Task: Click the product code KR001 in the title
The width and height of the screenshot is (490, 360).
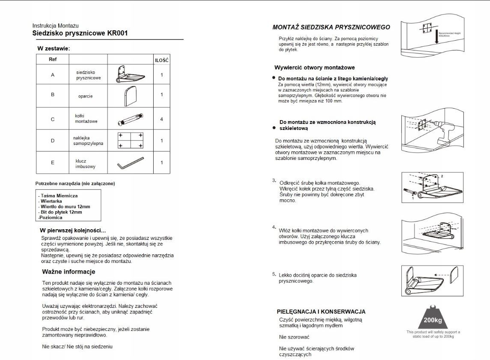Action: pyautogui.click(x=118, y=33)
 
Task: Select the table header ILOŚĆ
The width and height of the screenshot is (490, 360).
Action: pyautogui.click(x=162, y=60)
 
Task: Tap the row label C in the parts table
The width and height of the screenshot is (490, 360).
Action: pyautogui.click(x=53, y=119)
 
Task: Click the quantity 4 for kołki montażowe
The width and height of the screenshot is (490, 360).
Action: pyautogui.click(x=162, y=119)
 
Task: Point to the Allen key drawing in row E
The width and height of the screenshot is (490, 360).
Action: pyautogui.click(x=131, y=162)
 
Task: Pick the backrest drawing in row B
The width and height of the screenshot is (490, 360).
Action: pyautogui.click(x=130, y=95)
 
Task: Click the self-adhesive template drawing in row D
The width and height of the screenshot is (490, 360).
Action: pyautogui.click(x=130, y=140)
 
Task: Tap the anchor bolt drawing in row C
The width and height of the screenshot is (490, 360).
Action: pyautogui.click(x=130, y=119)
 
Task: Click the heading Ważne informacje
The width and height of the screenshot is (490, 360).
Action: pyautogui.click(x=68, y=272)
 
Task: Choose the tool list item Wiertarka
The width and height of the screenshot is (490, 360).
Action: pyautogui.click(x=51, y=201)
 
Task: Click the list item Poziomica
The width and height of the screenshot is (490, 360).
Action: pyautogui.click(x=50, y=218)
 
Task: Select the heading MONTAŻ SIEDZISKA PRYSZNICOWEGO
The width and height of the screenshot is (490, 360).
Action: pyautogui.click(x=331, y=27)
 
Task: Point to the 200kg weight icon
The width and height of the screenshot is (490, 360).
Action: pyautogui.click(x=433, y=317)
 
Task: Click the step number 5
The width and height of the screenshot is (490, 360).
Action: pyautogui.click(x=274, y=274)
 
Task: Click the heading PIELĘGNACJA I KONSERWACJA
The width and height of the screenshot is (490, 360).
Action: pyautogui.click(x=321, y=312)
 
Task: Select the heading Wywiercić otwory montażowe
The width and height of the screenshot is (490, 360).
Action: pyautogui.click(x=315, y=68)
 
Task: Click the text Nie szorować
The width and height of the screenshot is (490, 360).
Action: pyautogui.click(x=294, y=337)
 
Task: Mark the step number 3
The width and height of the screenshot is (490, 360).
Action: pyautogui.click(x=274, y=180)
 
